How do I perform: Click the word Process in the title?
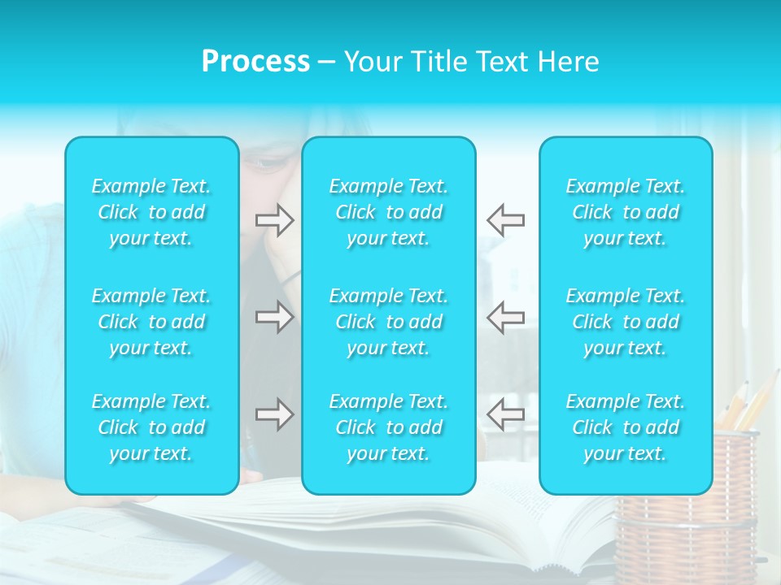tap(255, 62)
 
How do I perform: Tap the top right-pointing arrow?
tap(274, 220)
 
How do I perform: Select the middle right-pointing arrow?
tap(274, 317)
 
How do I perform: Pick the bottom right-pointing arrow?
tap(274, 414)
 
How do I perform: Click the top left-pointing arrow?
tap(505, 220)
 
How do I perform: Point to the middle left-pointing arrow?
tap(505, 317)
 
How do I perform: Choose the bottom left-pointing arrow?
tap(505, 414)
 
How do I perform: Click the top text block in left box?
tap(151, 212)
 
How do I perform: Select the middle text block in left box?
tap(151, 322)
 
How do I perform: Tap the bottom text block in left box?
tap(151, 427)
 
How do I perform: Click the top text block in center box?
tap(388, 212)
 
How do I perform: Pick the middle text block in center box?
tap(388, 322)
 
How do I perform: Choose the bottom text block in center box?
tap(388, 427)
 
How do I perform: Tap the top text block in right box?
tap(625, 212)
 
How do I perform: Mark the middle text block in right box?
tap(625, 322)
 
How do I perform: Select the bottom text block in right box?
tap(625, 427)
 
